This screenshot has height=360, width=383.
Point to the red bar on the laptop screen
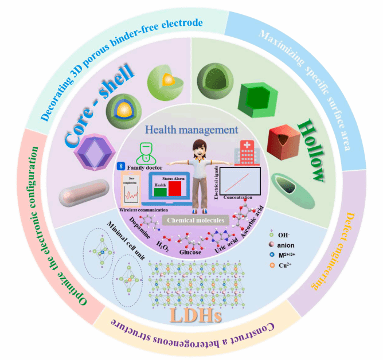coord(174,189)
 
